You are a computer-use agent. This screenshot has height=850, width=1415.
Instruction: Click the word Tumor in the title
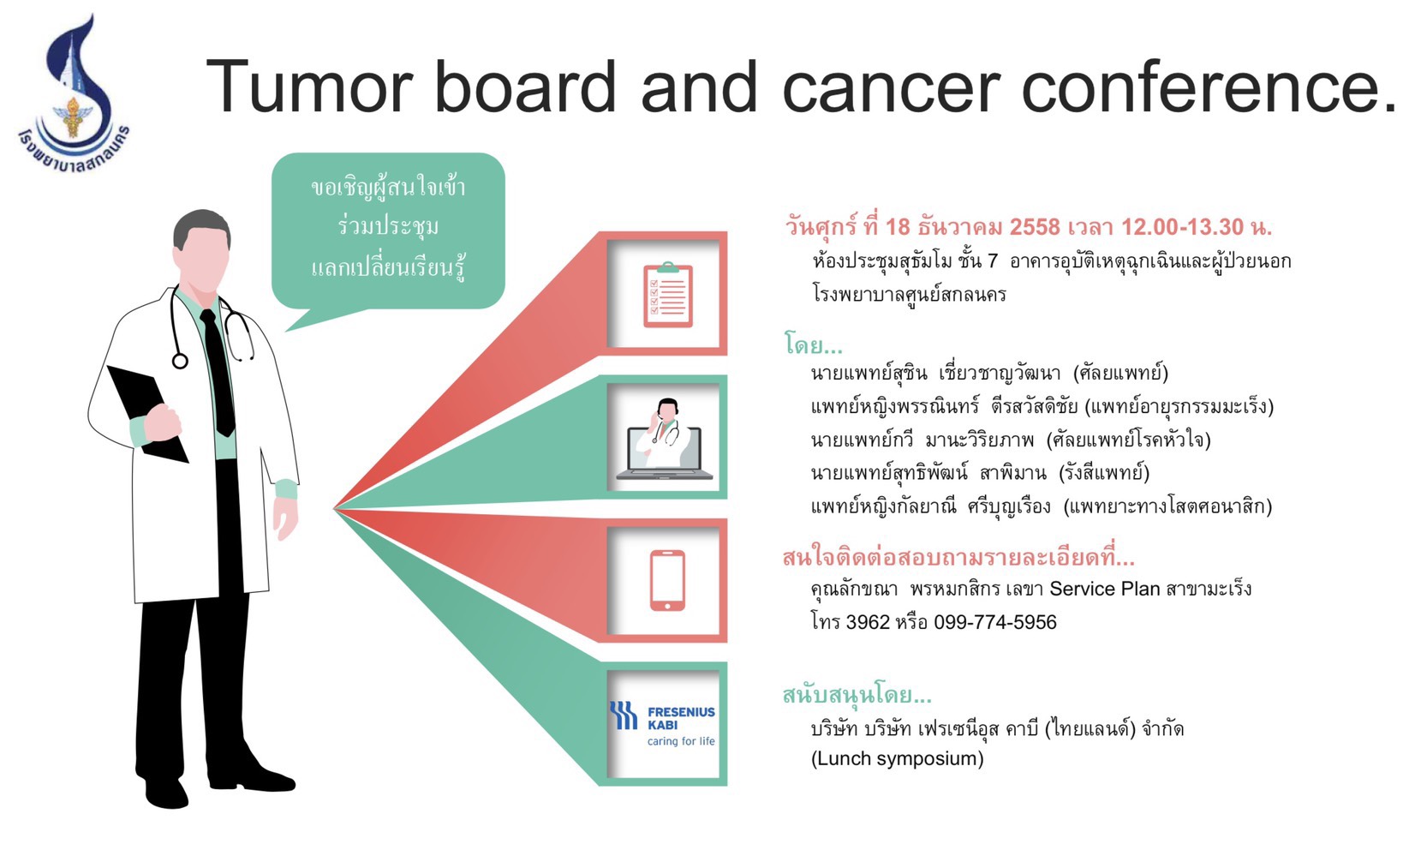tap(309, 87)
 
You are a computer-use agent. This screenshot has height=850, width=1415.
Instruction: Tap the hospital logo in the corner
tap(74, 95)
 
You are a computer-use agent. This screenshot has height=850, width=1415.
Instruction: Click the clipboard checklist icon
tap(668, 295)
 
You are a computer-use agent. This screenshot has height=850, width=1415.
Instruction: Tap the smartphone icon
tap(668, 580)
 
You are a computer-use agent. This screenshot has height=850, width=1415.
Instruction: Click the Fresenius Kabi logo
tap(663, 723)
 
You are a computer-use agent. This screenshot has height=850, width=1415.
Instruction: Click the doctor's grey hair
tap(200, 230)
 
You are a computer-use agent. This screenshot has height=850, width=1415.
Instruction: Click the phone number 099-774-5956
tap(995, 622)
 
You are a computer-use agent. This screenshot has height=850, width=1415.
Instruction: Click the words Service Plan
tap(1105, 589)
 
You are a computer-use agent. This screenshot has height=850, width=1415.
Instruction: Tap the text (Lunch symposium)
tap(897, 758)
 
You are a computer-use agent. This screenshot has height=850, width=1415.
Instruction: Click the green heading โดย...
tap(813, 344)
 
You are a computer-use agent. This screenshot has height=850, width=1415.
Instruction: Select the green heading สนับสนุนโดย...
tap(857, 695)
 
